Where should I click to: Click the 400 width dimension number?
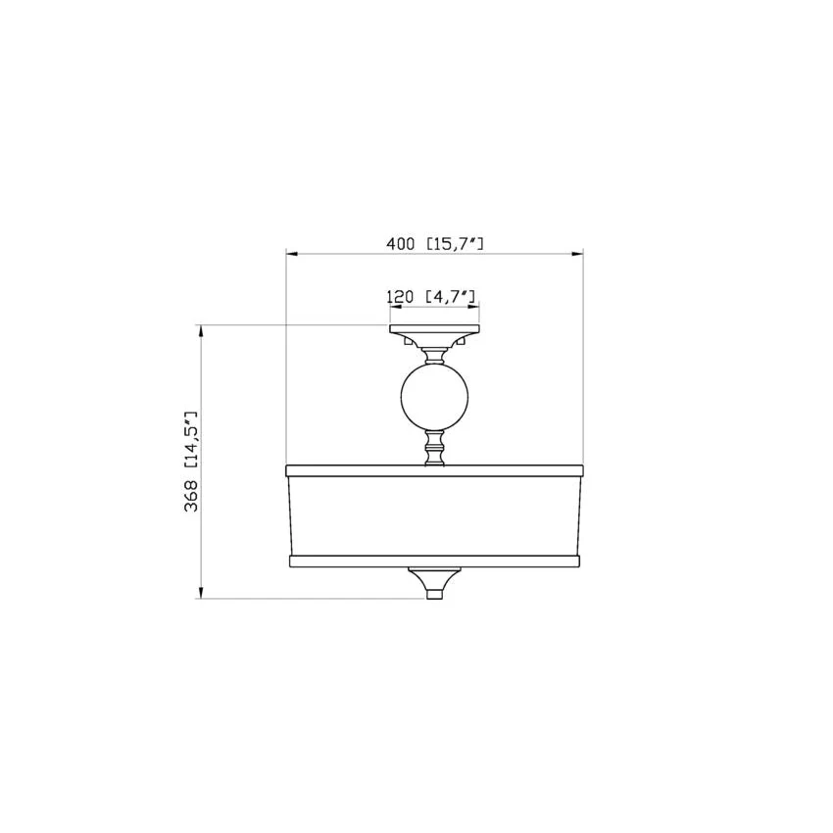400,244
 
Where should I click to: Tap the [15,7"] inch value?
455,244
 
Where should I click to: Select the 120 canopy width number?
400,296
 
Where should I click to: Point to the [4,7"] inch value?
451,296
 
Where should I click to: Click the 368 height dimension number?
191,496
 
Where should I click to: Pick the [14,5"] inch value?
191,439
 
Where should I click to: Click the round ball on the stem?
434,397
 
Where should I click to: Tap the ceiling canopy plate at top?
434,329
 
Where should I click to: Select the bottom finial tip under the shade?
434,594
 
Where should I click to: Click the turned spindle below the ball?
434,448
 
